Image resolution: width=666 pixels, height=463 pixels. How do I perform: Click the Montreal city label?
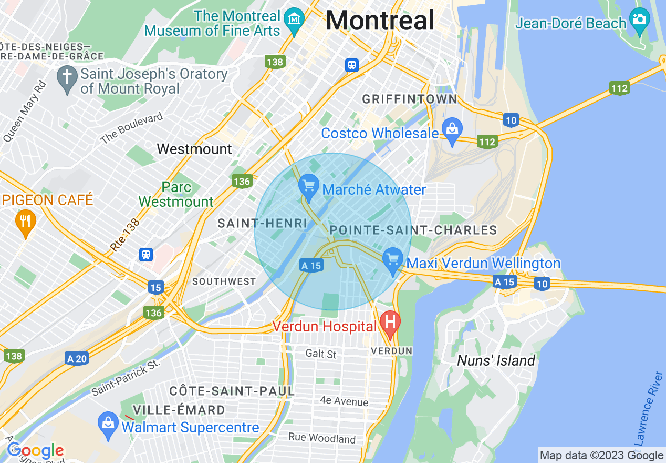coord(380,21)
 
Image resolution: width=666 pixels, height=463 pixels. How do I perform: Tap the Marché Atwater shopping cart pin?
coord(309,186)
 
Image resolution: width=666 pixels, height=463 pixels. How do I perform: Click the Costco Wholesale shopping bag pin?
coord(451,130)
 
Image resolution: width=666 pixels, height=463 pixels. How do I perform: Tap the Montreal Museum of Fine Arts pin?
coord(294,21)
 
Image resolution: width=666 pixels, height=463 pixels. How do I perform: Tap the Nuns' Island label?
coord(496,360)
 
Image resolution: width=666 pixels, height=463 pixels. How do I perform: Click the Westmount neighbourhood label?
coord(194,149)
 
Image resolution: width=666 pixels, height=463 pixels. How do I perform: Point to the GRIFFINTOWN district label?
coord(410,99)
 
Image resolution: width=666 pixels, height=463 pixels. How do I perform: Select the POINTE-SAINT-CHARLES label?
coord(413,230)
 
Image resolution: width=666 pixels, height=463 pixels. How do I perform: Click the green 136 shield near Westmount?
coord(241,182)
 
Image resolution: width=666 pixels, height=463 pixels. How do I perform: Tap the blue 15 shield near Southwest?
coord(155,288)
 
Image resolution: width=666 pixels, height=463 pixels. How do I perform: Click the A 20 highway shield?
coord(77,359)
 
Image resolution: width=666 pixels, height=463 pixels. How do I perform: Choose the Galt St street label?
coord(321,354)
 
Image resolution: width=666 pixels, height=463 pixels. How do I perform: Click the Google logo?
coord(35,450)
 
